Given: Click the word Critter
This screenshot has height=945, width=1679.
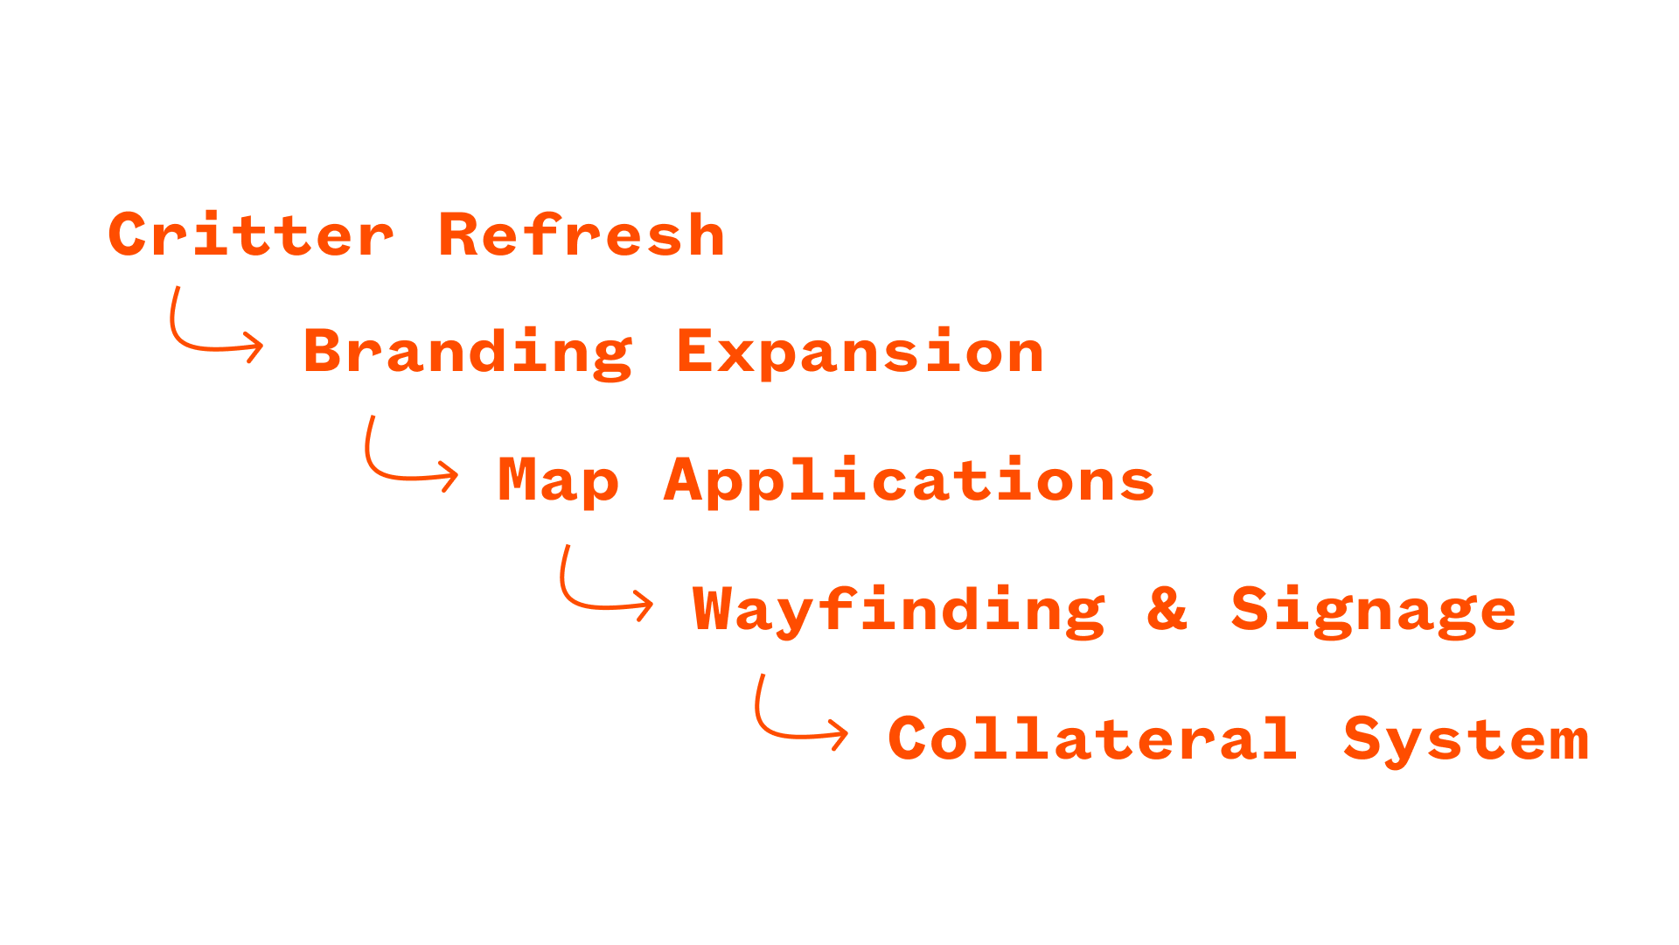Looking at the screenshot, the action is click(x=251, y=235).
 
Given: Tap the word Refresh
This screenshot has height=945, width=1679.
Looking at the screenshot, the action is click(x=582, y=235).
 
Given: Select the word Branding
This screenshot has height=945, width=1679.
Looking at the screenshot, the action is click(x=467, y=353).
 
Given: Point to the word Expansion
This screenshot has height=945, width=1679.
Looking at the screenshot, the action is click(x=860, y=353).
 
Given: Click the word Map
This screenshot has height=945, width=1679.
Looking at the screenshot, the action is click(x=558, y=481).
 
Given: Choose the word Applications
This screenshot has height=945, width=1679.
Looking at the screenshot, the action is click(x=909, y=481).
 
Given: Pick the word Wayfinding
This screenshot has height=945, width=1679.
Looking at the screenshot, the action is click(x=899, y=611).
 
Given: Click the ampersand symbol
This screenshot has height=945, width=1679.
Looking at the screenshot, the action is click(x=1167, y=609).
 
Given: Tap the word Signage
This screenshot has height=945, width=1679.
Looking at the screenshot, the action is click(x=1373, y=611).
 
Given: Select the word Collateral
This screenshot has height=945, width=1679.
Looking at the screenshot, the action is click(x=1092, y=739).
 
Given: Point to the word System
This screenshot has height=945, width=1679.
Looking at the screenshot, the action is click(x=1466, y=740).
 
